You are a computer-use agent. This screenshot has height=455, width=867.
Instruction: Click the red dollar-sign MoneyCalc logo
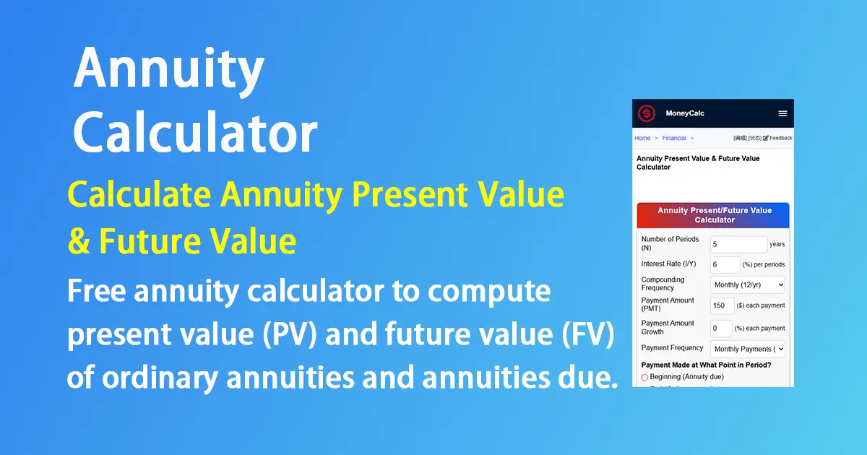(646, 113)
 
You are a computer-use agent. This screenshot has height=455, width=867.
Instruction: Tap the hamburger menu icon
(782, 113)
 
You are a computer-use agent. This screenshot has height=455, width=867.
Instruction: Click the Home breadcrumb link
(642, 138)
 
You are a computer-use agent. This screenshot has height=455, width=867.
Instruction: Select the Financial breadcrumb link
(674, 138)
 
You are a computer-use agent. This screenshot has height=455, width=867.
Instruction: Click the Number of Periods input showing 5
(738, 244)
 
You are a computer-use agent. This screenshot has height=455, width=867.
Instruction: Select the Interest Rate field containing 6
(725, 264)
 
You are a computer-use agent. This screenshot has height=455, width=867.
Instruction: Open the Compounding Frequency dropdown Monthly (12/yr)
(748, 285)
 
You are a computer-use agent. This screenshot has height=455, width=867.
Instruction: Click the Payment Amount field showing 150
(722, 305)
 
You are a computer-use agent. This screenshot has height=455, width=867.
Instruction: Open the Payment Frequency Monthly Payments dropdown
(748, 349)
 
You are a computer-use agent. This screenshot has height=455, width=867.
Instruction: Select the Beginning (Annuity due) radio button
(644, 377)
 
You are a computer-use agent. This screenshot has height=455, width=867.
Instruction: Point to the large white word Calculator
(195, 133)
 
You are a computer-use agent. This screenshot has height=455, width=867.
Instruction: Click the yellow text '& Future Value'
(181, 240)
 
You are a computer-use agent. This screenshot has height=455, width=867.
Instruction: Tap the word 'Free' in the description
(97, 292)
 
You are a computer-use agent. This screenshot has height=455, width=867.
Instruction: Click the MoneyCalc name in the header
(684, 113)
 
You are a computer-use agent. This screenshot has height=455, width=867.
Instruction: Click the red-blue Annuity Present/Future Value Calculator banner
(713, 215)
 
